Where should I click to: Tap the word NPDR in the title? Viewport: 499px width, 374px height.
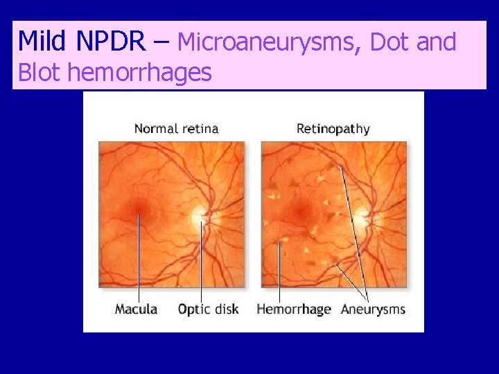111,42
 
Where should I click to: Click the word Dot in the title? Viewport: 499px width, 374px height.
389,42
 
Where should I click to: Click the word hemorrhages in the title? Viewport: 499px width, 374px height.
138,72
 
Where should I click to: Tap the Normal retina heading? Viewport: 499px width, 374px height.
176,128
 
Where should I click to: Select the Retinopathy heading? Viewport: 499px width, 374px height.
333,128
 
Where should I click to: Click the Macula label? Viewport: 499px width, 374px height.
137,309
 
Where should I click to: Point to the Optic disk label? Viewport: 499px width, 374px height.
208,309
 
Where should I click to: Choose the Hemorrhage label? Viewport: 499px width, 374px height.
294,309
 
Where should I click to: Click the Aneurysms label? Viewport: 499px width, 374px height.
373,309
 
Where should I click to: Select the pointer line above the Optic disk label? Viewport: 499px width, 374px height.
202,263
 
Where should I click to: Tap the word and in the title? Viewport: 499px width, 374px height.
437,42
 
